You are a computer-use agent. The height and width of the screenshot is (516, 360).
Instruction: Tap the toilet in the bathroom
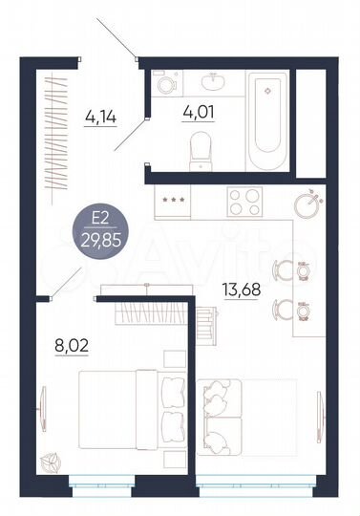coord(201,146)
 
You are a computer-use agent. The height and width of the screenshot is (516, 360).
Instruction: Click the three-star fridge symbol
coord(175,200)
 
